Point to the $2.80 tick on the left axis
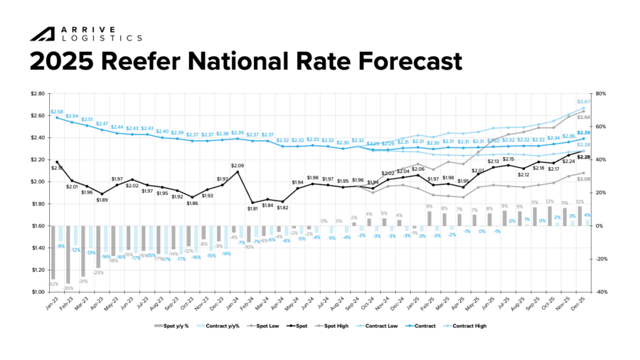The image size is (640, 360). pos(37,93)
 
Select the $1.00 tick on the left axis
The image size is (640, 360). pos(37,292)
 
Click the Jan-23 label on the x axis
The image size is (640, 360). pos(51,305)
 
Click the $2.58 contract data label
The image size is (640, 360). pos(57,112)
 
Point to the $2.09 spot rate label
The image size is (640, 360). pos(238,166)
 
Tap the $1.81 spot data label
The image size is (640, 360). pos(252,208)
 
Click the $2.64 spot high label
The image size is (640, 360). pos(583,117)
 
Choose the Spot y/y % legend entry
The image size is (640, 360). pos(175,325)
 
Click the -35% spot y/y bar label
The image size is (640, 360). pos(69,287)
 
